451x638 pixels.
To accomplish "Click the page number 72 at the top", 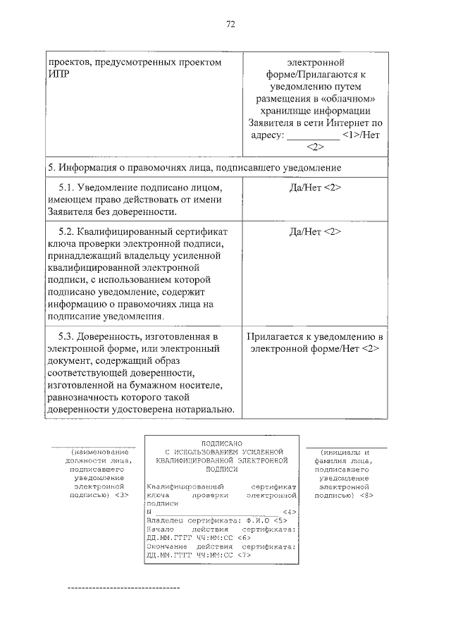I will (230, 24).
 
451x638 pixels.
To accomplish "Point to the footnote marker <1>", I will (350, 134).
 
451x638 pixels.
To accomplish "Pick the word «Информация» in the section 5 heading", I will (86, 168).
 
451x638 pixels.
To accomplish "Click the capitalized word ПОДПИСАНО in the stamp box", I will (223, 443).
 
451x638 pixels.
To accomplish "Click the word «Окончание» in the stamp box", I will (166, 546).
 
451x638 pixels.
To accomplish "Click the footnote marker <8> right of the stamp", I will (366, 495).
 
